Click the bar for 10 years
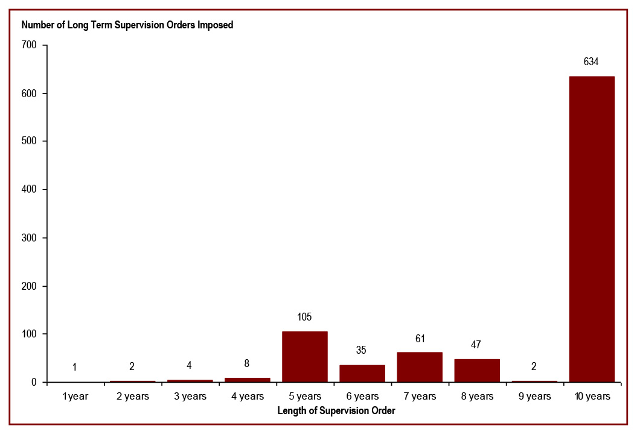(x=592, y=229)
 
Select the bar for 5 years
(x=304, y=357)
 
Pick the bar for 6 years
(x=362, y=374)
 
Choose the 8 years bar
(x=477, y=371)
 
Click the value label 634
(x=591, y=62)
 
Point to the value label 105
(x=304, y=317)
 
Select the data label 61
(x=420, y=339)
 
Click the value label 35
(x=362, y=351)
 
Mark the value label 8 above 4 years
(x=247, y=364)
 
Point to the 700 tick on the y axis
(x=30, y=45)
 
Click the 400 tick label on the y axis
(x=30, y=190)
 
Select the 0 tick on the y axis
(x=34, y=383)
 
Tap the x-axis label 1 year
(x=75, y=397)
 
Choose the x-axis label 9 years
(x=534, y=397)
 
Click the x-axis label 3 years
(x=190, y=397)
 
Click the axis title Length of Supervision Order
(x=336, y=411)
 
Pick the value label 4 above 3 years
(x=190, y=365)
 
